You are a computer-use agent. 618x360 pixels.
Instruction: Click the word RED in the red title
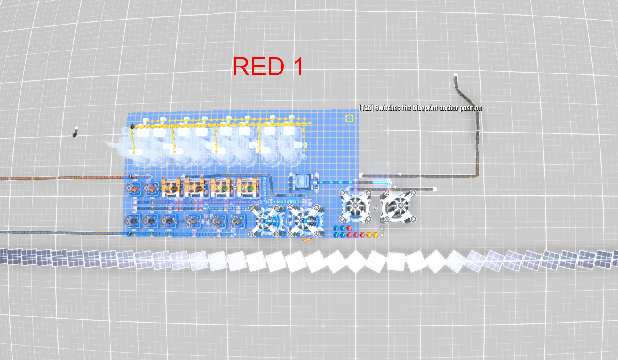tap(258, 67)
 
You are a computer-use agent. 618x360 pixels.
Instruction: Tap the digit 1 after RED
tap(298, 67)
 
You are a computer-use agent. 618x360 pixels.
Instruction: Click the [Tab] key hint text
tap(366, 108)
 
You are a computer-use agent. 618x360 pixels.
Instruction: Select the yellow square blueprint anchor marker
tap(349, 118)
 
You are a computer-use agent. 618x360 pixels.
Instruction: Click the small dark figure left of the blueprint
tap(75, 133)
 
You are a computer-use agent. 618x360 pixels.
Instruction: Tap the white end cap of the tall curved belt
tap(455, 74)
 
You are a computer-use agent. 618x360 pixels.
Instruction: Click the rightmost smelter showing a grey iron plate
tap(236, 221)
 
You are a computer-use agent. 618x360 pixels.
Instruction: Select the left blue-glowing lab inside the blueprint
tap(268, 220)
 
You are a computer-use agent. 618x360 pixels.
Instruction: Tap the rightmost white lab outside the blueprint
tap(398, 207)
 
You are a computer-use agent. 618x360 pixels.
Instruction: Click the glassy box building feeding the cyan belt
tap(301, 182)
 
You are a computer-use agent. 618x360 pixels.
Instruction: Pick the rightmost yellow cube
tap(375, 235)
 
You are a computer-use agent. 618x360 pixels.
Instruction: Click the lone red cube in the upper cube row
tap(349, 228)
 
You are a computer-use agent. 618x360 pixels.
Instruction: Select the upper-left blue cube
tap(336, 228)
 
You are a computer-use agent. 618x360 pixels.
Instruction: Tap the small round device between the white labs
tap(375, 207)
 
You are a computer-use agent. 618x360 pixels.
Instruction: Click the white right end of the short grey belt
tap(435, 189)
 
